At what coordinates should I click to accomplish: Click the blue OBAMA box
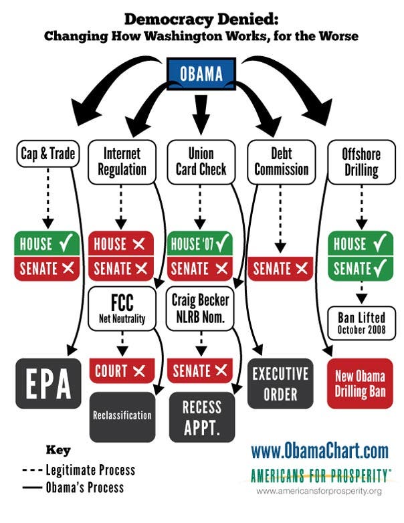point(201,74)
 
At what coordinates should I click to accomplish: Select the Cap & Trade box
point(48,154)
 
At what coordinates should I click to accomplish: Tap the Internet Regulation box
point(122,162)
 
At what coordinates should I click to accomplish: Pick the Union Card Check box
point(201,162)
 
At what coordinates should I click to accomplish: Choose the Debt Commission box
point(281,162)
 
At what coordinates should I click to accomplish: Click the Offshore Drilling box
point(361,162)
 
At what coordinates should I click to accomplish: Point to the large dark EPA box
point(48,384)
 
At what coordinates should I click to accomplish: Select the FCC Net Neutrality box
point(122,308)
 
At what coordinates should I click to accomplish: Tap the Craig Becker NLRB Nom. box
point(200,308)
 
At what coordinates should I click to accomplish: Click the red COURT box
point(122,371)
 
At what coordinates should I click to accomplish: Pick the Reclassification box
point(122,417)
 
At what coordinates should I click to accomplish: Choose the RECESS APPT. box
point(202,417)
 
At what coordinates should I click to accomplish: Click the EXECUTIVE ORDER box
point(280,384)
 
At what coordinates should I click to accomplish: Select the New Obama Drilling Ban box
point(361,384)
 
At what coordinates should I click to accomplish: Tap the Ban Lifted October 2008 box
point(362,323)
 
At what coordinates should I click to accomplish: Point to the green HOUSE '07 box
point(199,243)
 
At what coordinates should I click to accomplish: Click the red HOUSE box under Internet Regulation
point(121,243)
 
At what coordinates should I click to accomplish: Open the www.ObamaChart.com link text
point(320,451)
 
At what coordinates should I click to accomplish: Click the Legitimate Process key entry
point(79,470)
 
